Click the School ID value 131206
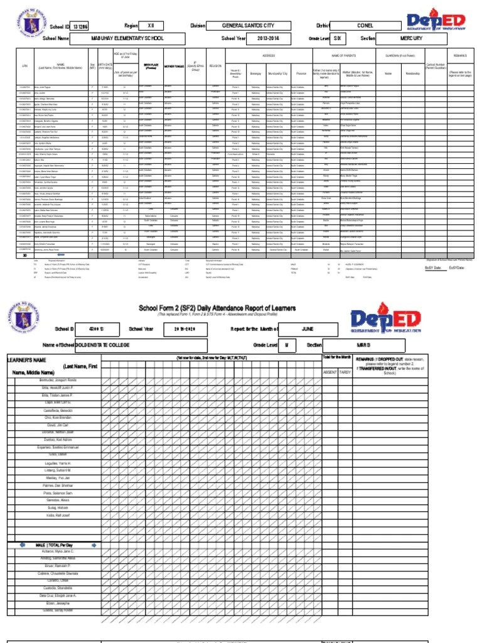(80, 26)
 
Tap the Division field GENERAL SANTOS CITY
(249, 26)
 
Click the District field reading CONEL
(365, 26)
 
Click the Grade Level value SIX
(338, 38)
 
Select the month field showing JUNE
(307, 328)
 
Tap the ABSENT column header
(329, 372)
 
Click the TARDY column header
(345, 372)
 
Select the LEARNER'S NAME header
(27, 360)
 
